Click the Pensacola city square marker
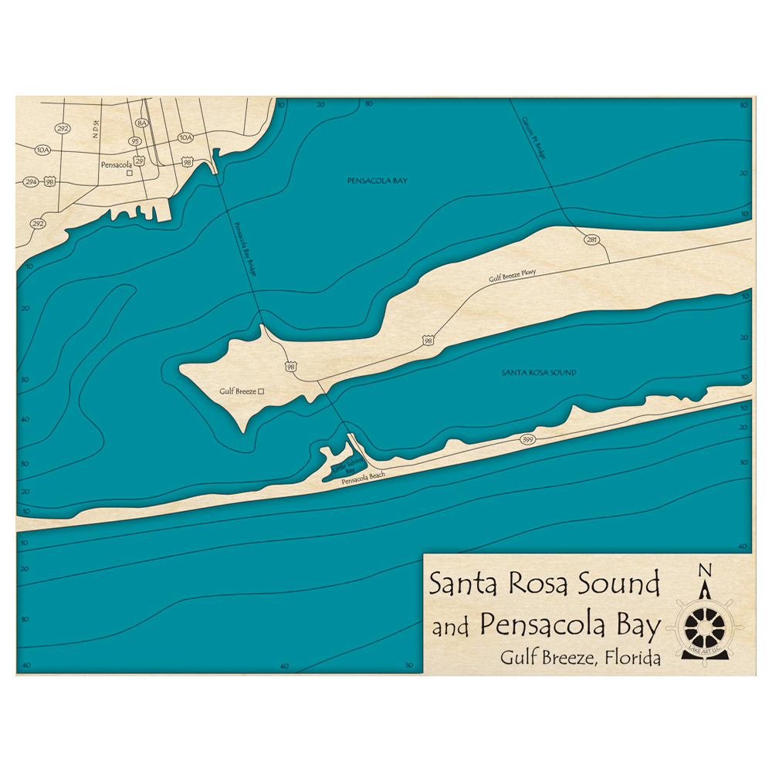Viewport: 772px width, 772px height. point(130,173)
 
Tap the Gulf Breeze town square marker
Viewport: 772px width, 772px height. point(262,392)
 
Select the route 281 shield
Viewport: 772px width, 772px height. point(592,240)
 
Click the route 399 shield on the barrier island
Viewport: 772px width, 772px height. point(528,440)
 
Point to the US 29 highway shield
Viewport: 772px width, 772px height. point(139,161)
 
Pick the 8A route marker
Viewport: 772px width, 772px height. point(141,124)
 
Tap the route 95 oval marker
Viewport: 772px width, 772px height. point(135,141)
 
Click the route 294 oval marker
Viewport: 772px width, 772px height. point(31,181)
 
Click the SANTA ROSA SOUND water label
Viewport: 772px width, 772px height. point(539,373)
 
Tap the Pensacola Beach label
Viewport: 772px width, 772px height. point(363,481)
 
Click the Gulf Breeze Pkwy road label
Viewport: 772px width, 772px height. point(512,276)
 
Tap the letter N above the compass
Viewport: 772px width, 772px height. point(704,571)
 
